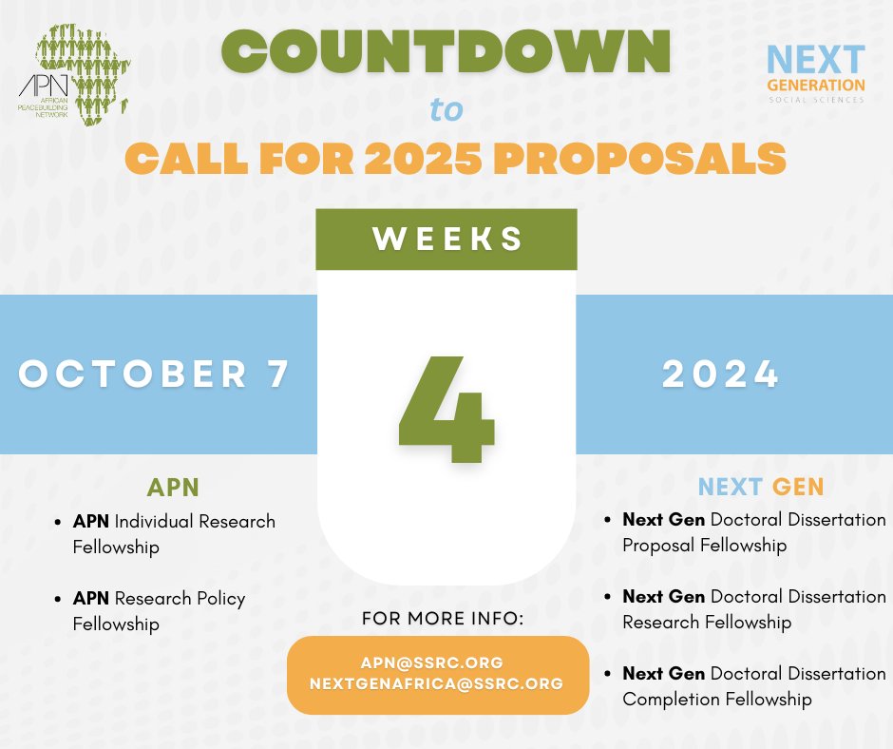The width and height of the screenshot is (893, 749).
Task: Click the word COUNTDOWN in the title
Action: pyautogui.click(x=446, y=54)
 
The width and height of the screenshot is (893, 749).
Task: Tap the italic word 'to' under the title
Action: pyautogui.click(x=446, y=110)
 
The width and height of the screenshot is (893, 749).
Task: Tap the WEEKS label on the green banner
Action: pyautogui.click(x=446, y=239)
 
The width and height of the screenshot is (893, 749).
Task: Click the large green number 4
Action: pyautogui.click(x=446, y=408)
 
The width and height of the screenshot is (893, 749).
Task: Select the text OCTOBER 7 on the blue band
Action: pyautogui.click(x=154, y=374)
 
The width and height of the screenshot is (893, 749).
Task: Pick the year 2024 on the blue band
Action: pyautogui.click(x=721, y=374)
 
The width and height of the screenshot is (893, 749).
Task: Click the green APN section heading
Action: pyautogui.click(x=173, y=488)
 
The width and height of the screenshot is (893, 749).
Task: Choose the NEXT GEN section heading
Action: pyautogui.click(x=761, y=488)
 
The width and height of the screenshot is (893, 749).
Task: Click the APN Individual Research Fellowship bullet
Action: pyautogui.click(x=174, y=534)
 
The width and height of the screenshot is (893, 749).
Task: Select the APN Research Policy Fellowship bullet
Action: pyautogui.click(x=159, y=611)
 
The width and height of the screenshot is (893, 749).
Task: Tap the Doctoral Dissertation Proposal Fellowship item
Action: pyautogui.click(x=753, y=533)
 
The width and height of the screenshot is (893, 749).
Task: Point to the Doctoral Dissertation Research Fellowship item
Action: pyautogui.click(x=753, y=609)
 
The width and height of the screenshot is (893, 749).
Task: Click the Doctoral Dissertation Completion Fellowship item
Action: pyautogui.click(x=753, y=686)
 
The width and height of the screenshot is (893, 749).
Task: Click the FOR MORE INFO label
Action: pyautogui.click(x=443, y=619)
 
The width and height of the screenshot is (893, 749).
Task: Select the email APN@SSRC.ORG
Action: pyautogui.click(x=438, y=662)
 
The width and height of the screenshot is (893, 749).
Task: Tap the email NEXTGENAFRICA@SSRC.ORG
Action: pyautogui.click(x=438, y=683)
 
